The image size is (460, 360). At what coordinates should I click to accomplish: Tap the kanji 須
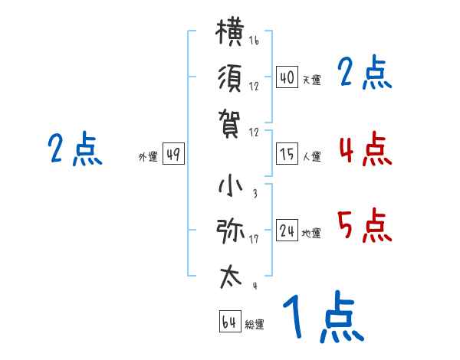(x=231, y=80)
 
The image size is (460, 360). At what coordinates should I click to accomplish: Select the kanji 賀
(x=231, y=122)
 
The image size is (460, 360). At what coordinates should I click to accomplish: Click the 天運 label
(x=311, y=80)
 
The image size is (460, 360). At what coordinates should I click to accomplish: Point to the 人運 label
(x=311, y=156)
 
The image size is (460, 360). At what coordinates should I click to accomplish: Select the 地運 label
(x=311, y=233)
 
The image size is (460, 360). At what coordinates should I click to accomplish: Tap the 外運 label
(x=148, y=157)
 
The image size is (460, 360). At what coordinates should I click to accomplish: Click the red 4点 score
(x=365, y=149)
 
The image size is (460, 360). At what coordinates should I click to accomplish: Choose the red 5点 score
(x=365, y=225)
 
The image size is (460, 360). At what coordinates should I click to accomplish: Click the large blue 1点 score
(x=322, y=317)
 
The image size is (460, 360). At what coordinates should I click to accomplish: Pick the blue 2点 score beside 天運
(x=365, y=74)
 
